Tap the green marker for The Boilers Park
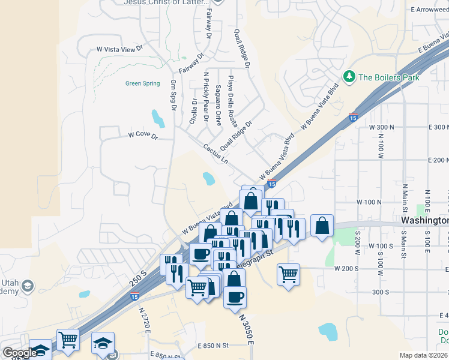click(x=349, y=77)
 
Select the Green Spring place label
click(x=142, y=83)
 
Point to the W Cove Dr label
click(x=142, y=136)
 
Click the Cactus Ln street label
click(x=215, y=154)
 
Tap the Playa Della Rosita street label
click(x=231, y=99)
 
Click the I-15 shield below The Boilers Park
click(x=354, y=118)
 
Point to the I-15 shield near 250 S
click(x=135, y=296)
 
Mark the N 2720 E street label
click(x=144, y=322)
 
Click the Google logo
click(x=20, y=353)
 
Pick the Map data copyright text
click(x=423, y=355)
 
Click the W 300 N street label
click(x=382, y=128)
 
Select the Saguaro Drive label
click(x=218, y=105)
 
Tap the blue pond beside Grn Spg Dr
click(x=158, y=118)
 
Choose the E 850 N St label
click(x=214, y=346)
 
